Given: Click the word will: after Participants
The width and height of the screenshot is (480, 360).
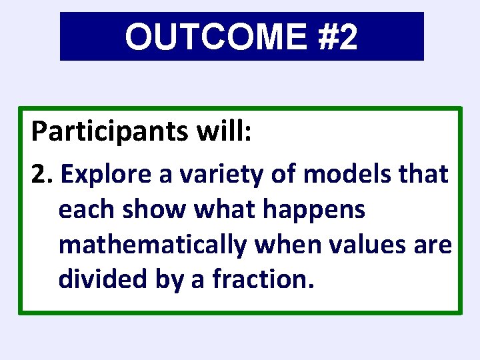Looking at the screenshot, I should pos(225,131).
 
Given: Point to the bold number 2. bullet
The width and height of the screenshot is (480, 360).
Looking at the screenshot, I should pos(45,175).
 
